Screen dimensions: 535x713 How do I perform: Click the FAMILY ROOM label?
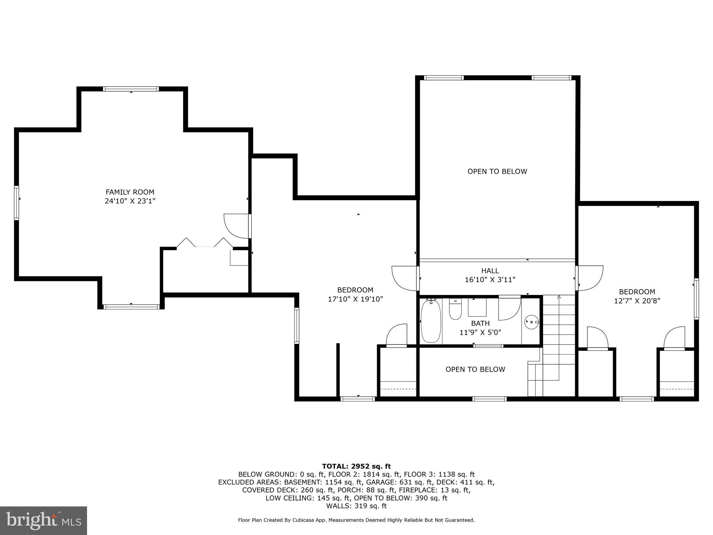(130, 192)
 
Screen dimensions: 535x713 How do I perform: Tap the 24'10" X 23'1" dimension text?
(130, 201)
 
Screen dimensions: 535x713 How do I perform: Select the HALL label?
(490, 271)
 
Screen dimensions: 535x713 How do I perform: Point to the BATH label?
(480, 323)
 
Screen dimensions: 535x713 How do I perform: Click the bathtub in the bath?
(431, 321)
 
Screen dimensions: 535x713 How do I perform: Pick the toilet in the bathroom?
(455, 309)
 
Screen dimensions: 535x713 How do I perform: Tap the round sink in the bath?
(532, 322)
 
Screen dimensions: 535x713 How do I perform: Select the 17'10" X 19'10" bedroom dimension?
(355, 299)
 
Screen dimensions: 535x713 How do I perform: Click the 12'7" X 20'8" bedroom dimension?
(637, 301)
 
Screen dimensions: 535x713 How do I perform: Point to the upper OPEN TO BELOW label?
(497, 171)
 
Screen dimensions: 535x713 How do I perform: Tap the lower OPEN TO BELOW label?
(475, 370)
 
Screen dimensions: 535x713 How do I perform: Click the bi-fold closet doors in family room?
(205, 243)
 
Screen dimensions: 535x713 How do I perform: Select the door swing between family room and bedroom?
(236, 226)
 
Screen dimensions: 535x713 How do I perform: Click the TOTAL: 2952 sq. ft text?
(356, 466)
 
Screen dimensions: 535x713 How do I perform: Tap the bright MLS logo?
(44, 520)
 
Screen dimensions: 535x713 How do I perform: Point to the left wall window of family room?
(16, 203)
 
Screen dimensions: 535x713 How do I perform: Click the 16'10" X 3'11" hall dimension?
(490, 280)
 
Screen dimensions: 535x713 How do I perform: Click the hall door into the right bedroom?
(589, 278)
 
